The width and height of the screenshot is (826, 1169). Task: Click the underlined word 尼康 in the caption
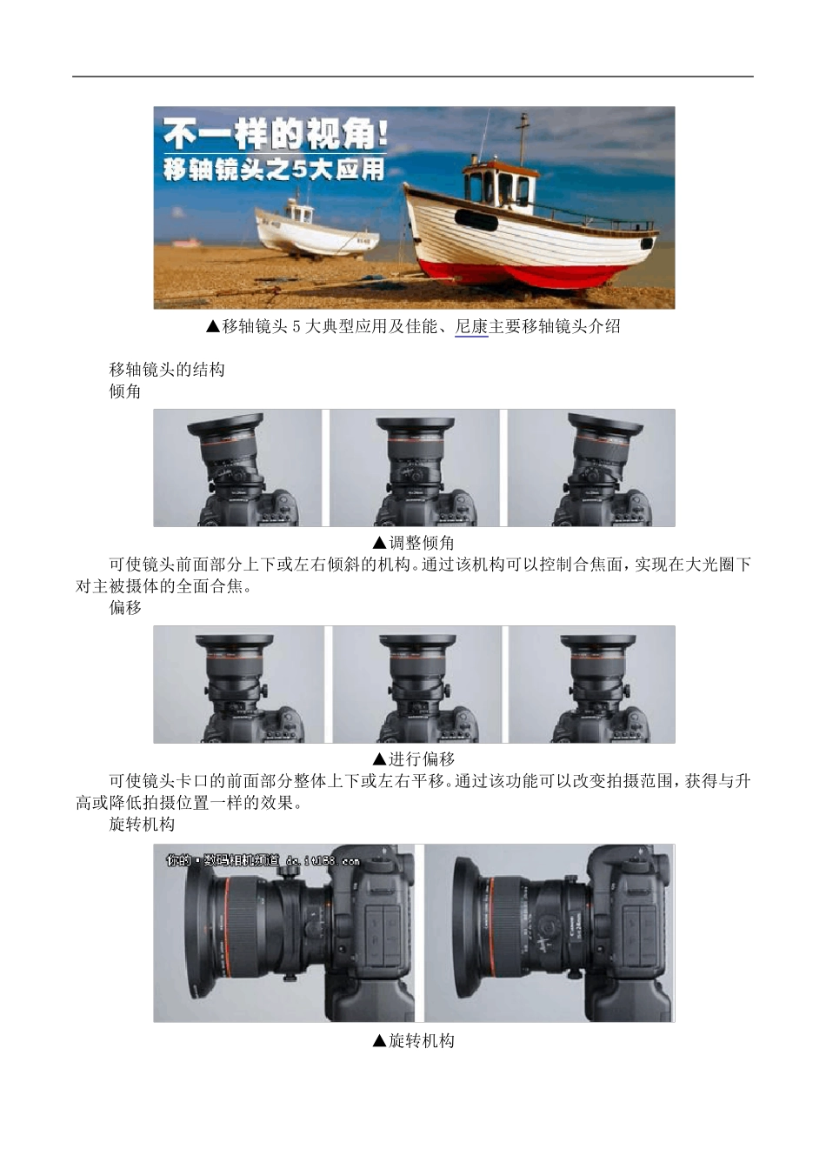[471, 327]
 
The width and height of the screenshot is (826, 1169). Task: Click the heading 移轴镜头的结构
[167, 370]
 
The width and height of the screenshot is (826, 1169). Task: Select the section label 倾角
[125, 391]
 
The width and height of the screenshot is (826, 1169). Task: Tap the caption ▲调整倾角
[413, 543]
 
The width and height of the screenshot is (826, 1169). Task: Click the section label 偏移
[125, 608]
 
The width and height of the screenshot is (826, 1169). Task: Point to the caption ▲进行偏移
[413, 759]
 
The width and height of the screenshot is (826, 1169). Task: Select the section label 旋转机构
[142, 824]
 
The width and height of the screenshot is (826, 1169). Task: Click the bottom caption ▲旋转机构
[413, 1041]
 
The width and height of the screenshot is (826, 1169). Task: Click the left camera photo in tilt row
[238, 468]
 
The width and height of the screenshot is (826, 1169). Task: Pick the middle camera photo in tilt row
[414, 468]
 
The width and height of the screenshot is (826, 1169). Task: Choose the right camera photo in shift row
[591, 685]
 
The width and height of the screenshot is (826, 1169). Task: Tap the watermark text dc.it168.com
[322, 861]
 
